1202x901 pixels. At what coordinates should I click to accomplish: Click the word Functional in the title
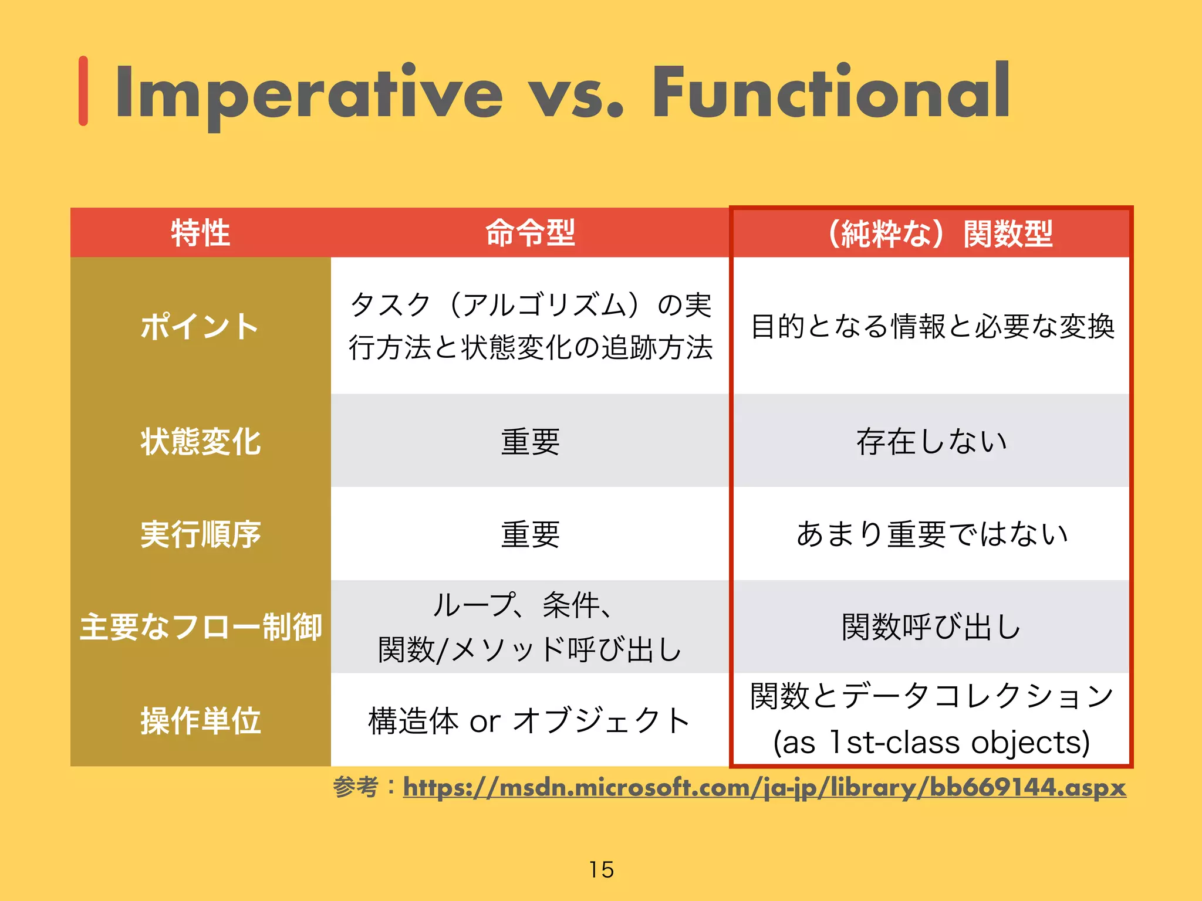pos(831,92)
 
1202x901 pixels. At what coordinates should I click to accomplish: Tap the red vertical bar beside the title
pos(83,91)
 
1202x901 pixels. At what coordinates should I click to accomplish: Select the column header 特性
pos(200,233)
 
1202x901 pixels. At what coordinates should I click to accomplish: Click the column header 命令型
pos(530,233)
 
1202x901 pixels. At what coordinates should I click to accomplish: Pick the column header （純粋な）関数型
pos(939,234)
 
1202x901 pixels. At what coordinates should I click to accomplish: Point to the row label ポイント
pos(200,326)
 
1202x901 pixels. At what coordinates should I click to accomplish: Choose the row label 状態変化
pos(200,441)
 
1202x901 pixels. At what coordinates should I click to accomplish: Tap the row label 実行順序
pos(200,534)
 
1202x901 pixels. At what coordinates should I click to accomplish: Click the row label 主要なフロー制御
pos(200,626)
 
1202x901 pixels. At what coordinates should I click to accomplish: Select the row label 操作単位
pos(200,720)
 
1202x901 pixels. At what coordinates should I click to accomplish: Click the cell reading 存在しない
pos(931,441)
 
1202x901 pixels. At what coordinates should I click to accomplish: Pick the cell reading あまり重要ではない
pos(931,534)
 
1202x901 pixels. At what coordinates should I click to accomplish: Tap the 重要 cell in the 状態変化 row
pos(530,441)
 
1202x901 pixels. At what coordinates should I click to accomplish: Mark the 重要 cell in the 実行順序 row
pos(530,534)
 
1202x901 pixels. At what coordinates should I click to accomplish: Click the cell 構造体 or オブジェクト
pos(530,720)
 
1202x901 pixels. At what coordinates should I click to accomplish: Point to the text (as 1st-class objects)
pos(931,743)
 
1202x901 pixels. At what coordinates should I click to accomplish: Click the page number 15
pos(602,869)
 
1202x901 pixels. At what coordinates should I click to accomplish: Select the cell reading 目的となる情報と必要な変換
pos(931,326)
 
